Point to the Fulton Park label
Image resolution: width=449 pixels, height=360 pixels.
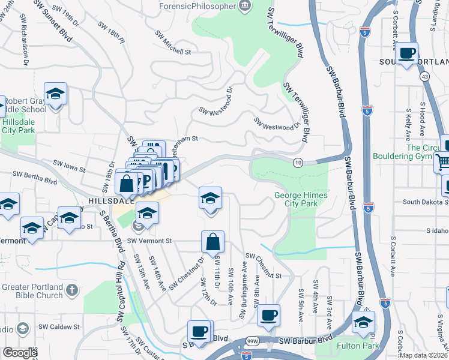(359, 346)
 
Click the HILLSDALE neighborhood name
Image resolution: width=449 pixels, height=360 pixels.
(110, 201)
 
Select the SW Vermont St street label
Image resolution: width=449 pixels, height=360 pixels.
(149, 241)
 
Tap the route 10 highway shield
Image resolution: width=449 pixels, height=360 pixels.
(298, 163)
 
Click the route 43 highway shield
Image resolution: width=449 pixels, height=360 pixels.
(424, 77)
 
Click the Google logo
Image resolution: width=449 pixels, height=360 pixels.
(20, 353)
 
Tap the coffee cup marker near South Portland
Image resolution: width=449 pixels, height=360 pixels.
(408, 53)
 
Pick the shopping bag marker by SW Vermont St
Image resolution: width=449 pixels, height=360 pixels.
(213, 242)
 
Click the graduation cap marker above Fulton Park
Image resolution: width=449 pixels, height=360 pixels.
(363, 323)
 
